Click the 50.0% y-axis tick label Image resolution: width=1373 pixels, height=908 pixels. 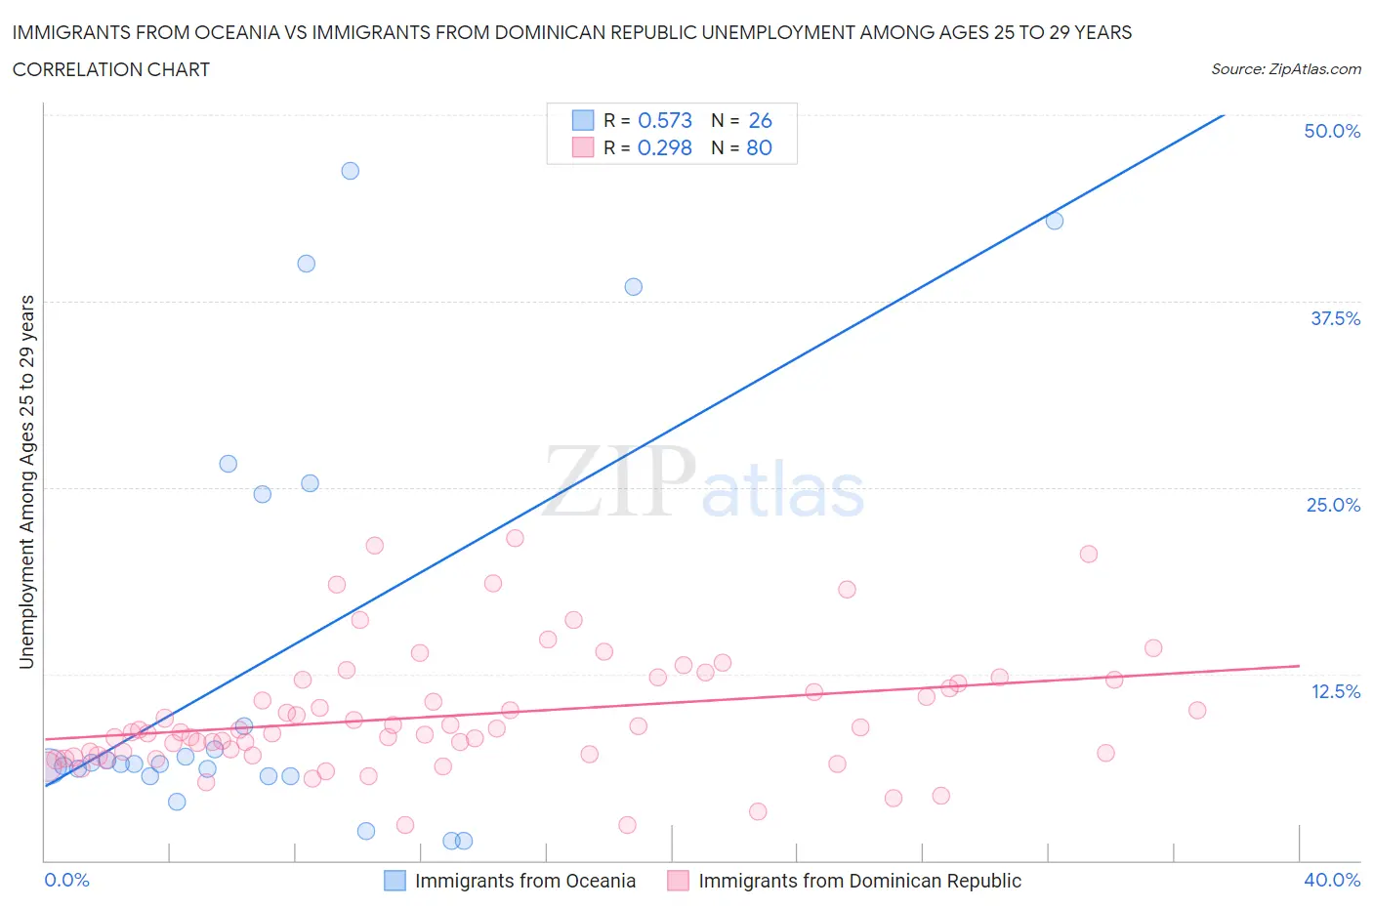1332,131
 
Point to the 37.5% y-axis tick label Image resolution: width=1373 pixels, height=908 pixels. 1335,318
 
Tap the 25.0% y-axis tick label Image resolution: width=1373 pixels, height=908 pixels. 1333,505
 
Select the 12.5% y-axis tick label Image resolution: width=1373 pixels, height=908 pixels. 1335,691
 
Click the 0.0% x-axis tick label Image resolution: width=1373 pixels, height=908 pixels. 67,880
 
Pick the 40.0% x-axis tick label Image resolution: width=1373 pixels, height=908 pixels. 1332,880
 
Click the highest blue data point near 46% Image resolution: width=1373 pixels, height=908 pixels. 350,171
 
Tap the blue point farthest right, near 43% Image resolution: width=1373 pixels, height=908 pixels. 1055,221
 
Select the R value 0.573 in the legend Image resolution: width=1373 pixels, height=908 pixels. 664,120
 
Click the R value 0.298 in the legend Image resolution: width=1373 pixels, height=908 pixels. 664,147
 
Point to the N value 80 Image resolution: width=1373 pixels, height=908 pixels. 759,147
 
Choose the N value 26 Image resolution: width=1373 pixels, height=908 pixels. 760,120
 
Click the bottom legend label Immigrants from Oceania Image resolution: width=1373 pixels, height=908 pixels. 524,881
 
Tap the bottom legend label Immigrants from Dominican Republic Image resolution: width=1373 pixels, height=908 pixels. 859,881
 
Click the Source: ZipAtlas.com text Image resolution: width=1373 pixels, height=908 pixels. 1285,68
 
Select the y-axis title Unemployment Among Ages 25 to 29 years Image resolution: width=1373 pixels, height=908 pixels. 27,482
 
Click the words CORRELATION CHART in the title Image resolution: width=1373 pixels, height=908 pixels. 111,69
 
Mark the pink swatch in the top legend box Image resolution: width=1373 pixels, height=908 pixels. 583,147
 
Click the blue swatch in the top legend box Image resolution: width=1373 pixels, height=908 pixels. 583,120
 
